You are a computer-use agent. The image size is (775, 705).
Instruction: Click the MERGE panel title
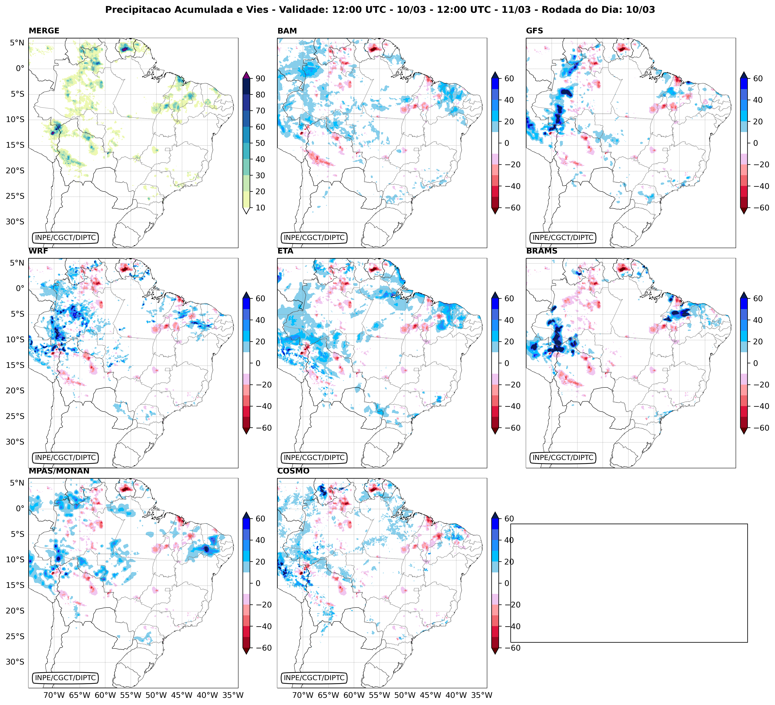click(44, 31)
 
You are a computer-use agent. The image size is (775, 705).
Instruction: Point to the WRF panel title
click(38, 251)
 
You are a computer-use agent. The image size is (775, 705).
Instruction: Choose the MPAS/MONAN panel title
click(59, 471)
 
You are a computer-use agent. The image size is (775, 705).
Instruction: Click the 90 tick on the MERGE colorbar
click(260, 78)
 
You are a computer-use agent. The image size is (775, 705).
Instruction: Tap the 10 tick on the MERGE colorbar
click(260, 208)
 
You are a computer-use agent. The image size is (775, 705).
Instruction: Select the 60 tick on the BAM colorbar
click(509, 78)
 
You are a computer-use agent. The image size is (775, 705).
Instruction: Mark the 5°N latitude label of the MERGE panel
click(17, 43)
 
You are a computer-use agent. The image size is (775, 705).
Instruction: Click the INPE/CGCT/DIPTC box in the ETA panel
click(314, 458)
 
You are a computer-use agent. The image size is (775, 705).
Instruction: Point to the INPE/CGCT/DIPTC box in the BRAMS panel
click(563, 458)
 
